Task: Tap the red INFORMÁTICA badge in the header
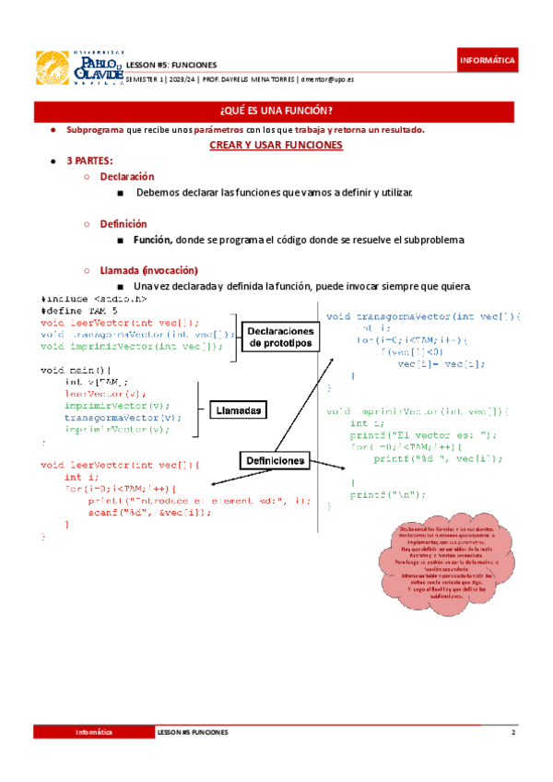[x=488, y=61]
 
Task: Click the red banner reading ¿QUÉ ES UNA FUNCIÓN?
[x=276, y=112]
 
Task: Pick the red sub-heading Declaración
[x=126, y=176]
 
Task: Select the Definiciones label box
[x=275, y=459]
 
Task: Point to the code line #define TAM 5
[x=80, y=311]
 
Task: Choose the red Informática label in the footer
[x=94, y=731]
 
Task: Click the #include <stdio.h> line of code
[x=94, y=299]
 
